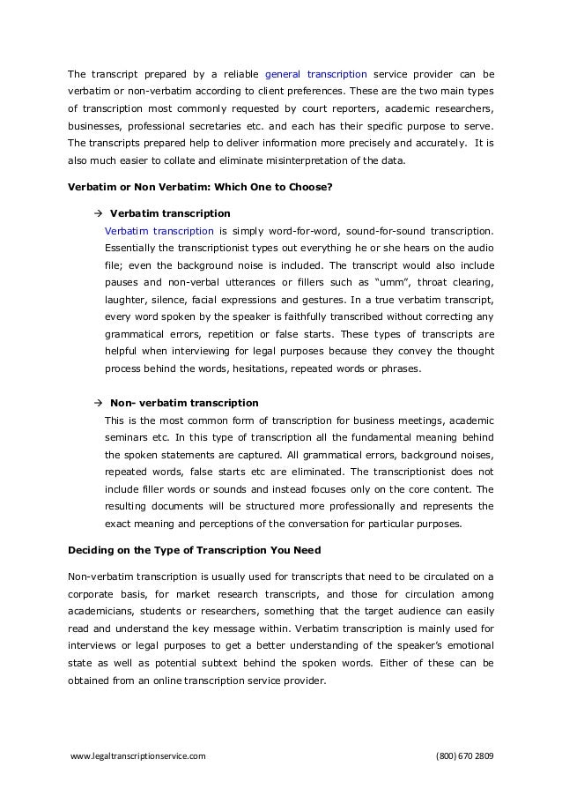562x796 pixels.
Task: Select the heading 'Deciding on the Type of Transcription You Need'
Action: point(195,550)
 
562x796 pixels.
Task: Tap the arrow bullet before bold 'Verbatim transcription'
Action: point(97,213)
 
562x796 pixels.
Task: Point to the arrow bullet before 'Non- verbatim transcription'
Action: point(97,403)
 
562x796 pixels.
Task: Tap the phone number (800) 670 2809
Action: point(465,755)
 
